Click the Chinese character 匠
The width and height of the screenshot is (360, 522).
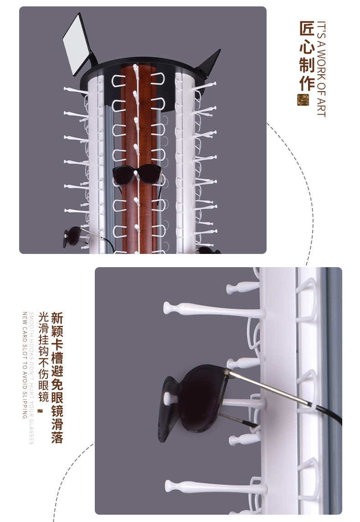click(x=307, y=29)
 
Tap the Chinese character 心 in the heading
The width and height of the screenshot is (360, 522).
click(x=307, y=47)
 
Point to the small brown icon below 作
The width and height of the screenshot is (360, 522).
click(x=303, y=100)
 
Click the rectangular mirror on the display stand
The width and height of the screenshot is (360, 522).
click(x=77, y=44)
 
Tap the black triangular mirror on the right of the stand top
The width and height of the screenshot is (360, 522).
click(x=210, y=62)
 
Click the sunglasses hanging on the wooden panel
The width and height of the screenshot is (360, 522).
click(x=137, y=175)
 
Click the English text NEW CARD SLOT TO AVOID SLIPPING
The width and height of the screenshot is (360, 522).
click(x=24, y=365)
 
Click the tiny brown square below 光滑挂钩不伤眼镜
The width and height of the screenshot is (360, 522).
click(x=40, y=411)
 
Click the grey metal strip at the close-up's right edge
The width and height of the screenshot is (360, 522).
click(x=335, y=388)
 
